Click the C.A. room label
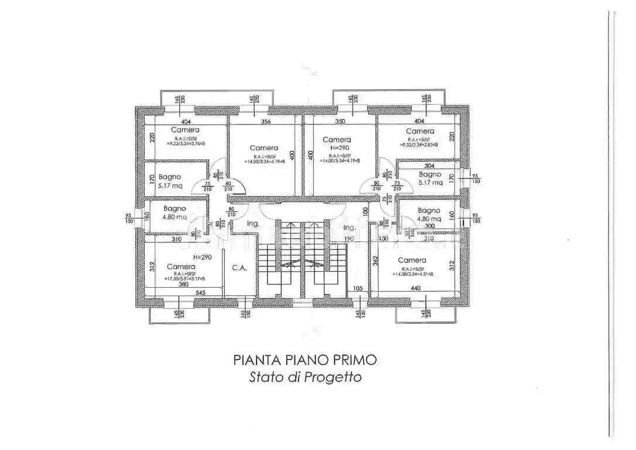(x=238, y=268)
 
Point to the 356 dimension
(x=265, y=122)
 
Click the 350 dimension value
(x=340, y=122)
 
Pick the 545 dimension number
(x=200, y=292)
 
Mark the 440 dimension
(x=415, y=288)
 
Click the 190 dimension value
(x=350, y=239)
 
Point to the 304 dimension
(x=429, y=166)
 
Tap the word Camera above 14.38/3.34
(x=412, y=260)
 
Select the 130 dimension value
(x=384, y=239)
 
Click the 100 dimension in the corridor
(x=365, y=210)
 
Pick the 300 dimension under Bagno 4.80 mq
(x=430, y=226)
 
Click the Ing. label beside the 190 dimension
(x=350, y=227)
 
